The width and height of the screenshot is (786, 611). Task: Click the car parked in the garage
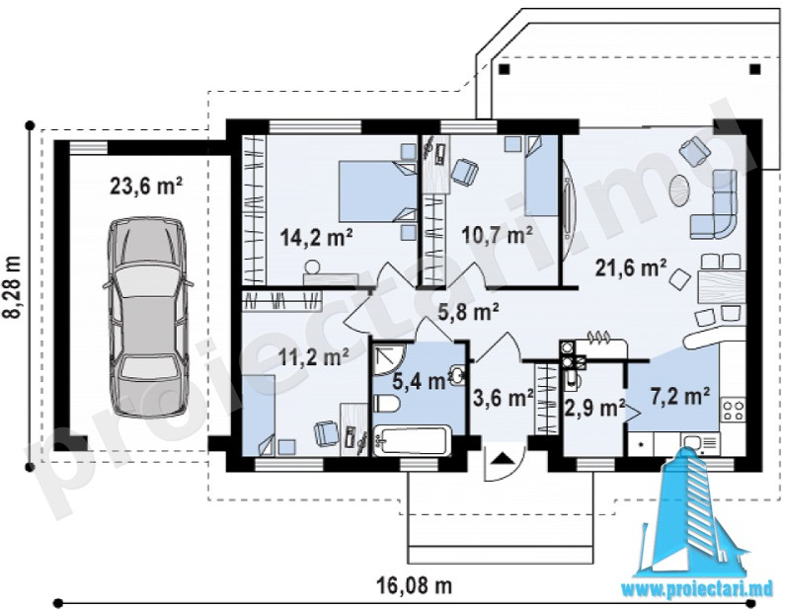146,318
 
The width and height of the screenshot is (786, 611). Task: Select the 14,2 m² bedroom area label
316,237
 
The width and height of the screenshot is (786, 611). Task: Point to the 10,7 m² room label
497,234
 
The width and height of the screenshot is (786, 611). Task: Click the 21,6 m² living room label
631,267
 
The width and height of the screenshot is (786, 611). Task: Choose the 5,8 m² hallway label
468,312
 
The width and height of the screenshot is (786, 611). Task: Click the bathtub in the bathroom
413,440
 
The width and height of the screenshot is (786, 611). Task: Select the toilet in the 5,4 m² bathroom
386,404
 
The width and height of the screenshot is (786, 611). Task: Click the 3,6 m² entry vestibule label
503,399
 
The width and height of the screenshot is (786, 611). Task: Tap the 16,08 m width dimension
414,584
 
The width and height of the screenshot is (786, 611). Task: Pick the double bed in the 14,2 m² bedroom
377,191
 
